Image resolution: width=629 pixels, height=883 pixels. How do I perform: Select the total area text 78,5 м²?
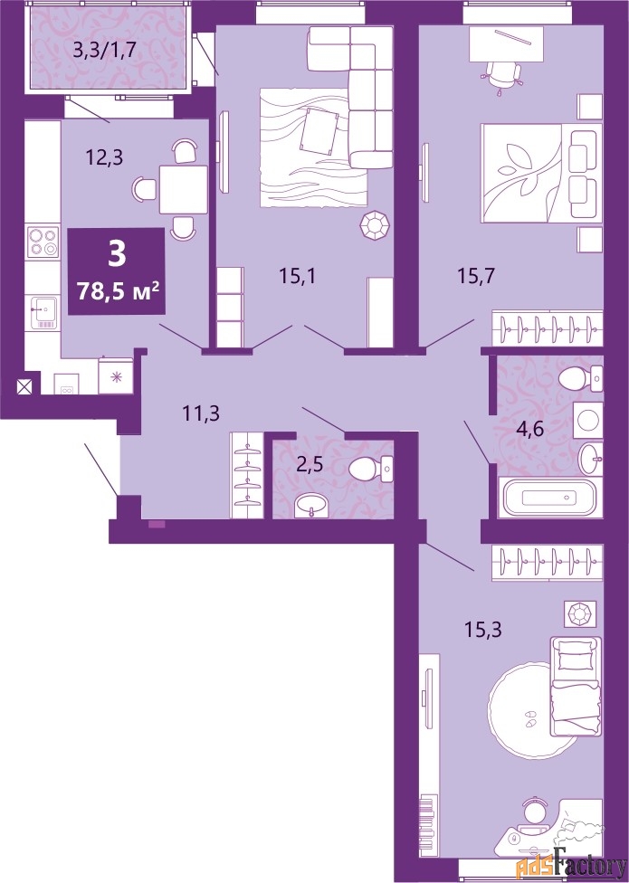[x=117, y=291]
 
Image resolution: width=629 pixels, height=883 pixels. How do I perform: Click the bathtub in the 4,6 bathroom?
[x=550, y=497]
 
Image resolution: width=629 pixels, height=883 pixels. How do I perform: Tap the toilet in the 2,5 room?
[x=370, y=469]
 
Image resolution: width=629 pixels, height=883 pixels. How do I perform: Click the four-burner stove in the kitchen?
[x=43, y=242]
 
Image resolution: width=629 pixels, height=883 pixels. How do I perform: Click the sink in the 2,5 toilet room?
[x=312, y=505]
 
